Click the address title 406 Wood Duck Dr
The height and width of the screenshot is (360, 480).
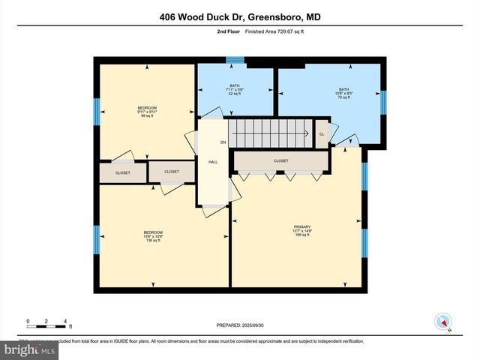point(240,16)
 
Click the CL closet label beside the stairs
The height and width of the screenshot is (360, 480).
point(322,134)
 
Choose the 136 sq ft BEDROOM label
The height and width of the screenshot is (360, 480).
point(153,236)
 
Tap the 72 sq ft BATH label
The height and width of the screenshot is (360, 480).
point(343,93)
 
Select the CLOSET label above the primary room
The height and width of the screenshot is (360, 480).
point(281,160)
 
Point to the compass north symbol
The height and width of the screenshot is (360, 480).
point(442,321)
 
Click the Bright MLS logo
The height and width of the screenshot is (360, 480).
point(30,349)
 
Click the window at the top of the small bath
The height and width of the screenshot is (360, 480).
point(235,61)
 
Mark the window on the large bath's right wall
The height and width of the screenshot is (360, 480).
point(382,100)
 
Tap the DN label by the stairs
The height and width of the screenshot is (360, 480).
point(223,142)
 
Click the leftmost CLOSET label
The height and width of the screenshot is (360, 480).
point(122,172)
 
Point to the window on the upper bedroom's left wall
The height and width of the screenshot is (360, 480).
point(97,112)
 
